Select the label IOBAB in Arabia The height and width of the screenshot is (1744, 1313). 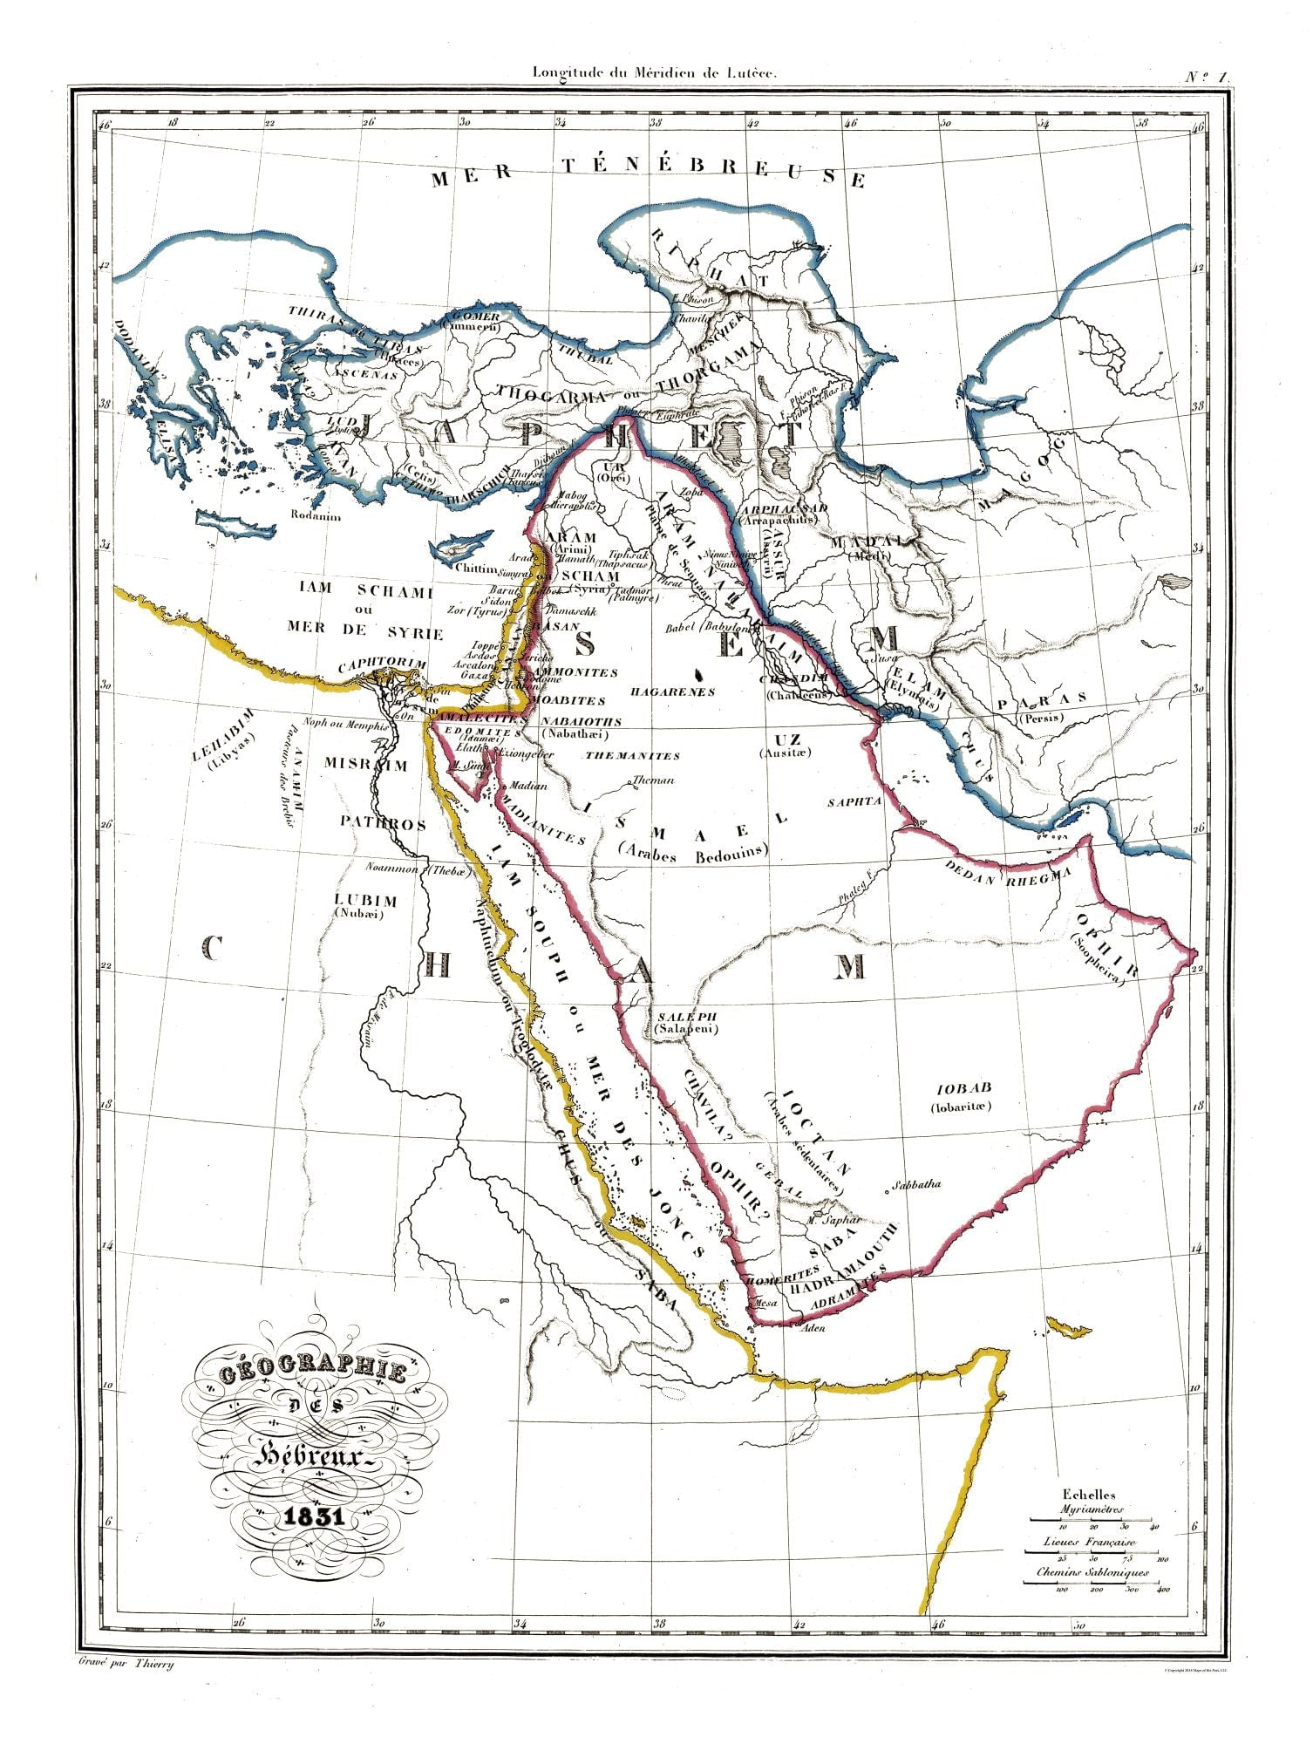[965, 1089]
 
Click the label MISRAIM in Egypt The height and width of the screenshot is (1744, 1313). [366, 766]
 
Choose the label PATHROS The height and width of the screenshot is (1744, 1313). [383, 823]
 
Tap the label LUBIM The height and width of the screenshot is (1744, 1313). [366, 900]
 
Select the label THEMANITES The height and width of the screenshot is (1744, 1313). [632, 755]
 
